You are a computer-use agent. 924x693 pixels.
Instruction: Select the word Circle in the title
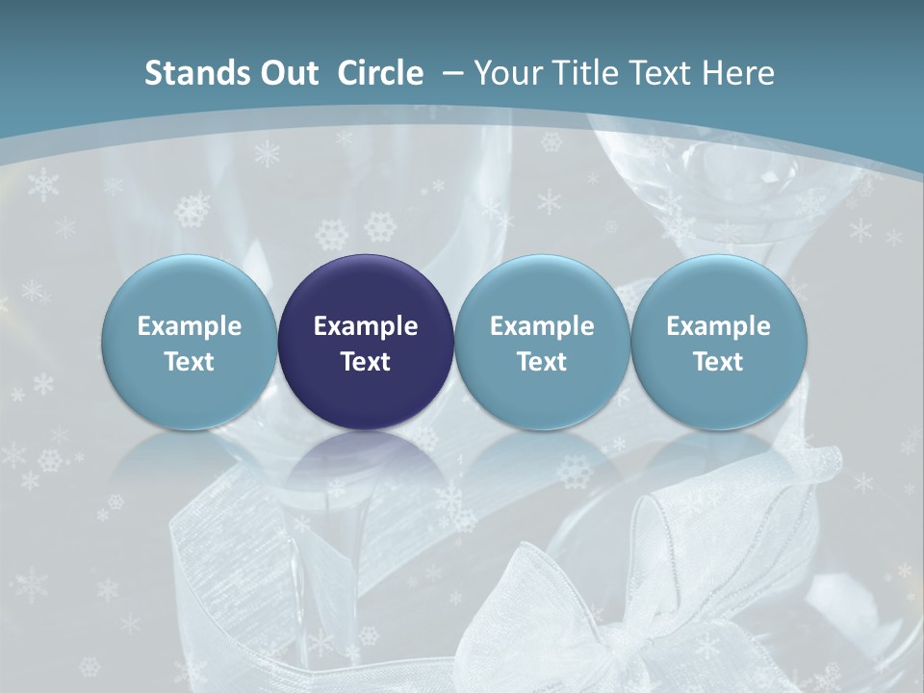[380, 74]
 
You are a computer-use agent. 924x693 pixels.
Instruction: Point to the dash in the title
[450, 74]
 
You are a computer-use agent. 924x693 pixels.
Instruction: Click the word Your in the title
[506, 74]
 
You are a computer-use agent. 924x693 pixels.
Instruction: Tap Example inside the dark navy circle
[366, 326]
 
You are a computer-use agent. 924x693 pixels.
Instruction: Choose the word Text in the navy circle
[366, 362]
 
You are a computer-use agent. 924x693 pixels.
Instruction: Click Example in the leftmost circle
[190, 326]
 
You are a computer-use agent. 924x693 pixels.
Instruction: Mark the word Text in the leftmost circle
[190, 362]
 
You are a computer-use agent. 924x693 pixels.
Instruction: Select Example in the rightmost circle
[718, 326]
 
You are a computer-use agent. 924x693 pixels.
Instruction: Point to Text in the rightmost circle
[718, 362]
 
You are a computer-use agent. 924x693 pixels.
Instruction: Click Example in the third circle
[542, 326]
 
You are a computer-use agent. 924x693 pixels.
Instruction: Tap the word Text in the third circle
[542, 362]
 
